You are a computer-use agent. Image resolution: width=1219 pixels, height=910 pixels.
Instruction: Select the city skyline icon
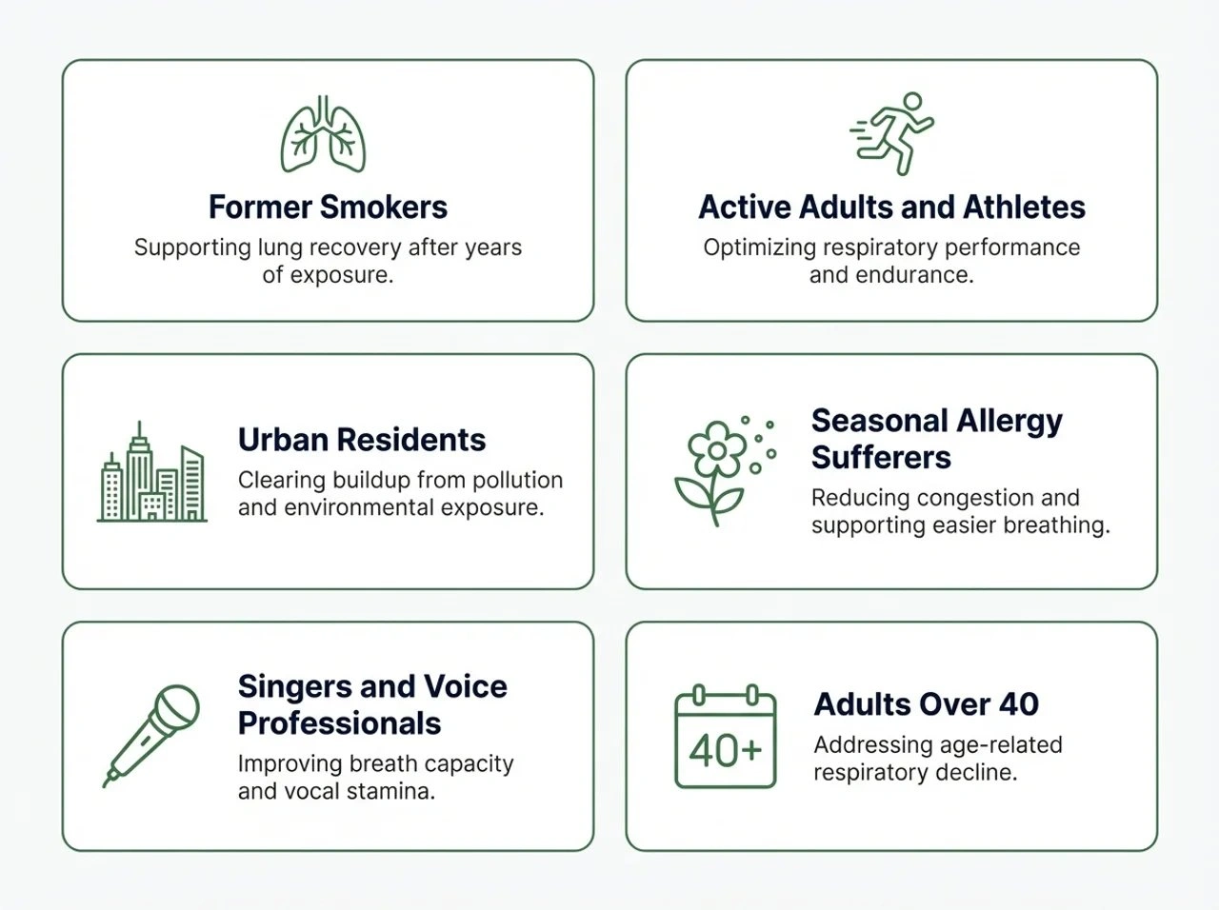pos(151,471)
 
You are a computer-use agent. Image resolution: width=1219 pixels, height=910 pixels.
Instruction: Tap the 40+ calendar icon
pos(726,737)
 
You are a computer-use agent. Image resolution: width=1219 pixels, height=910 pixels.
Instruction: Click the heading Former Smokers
pos(329,208)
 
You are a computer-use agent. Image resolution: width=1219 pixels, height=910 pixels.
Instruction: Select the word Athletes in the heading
pos(1024,208)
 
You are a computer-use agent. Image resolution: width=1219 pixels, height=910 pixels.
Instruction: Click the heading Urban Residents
pos(362,440)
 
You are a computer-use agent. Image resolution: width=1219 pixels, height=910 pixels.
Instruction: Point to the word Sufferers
pos(881,458)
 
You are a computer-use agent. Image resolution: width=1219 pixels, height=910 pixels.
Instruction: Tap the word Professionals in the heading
pos(340,723)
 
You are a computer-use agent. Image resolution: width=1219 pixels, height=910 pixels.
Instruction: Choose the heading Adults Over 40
pos(927,704)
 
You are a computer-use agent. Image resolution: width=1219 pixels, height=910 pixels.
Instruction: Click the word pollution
pos(517,481)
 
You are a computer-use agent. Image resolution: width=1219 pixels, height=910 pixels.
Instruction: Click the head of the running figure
pos(912,102)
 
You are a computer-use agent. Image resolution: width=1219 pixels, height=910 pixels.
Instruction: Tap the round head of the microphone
pos(176,706)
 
